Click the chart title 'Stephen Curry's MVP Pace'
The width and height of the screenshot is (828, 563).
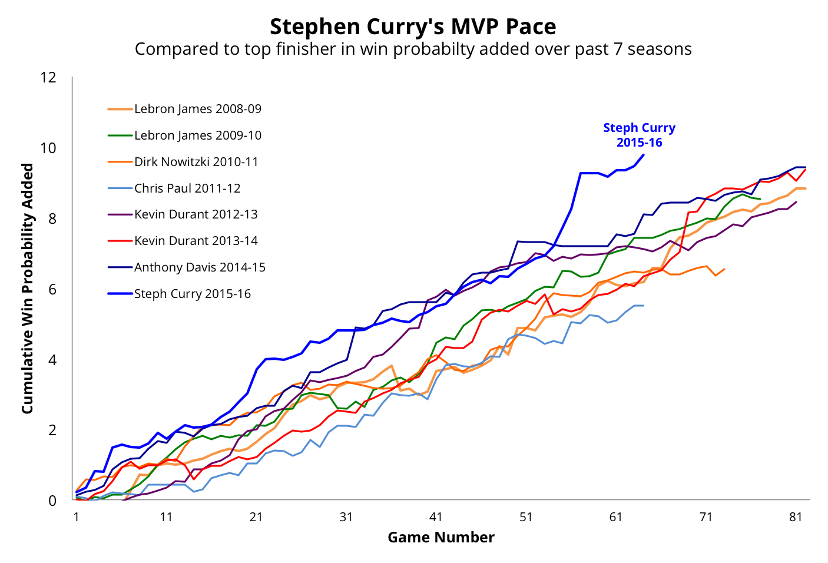(x=413, y=27)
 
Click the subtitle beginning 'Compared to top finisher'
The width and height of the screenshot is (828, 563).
(x=413, y=49)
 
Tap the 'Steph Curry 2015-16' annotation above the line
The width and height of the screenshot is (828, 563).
(x=639, y=135)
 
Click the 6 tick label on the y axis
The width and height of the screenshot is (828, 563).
(x=52, y=289)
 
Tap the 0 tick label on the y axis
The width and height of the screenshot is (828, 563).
(x=52, y=501)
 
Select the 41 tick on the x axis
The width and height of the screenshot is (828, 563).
(x=436, y=517)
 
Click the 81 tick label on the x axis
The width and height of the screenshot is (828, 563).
(x=796, y=517)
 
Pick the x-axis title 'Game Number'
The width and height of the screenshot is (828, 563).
(x=441, y=537)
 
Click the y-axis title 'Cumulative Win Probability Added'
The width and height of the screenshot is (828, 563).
(x=28, y=289)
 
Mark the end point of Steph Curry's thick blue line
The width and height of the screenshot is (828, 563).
(x=644, y=155)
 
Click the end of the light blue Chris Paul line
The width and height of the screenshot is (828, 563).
(x=644, y=306)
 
